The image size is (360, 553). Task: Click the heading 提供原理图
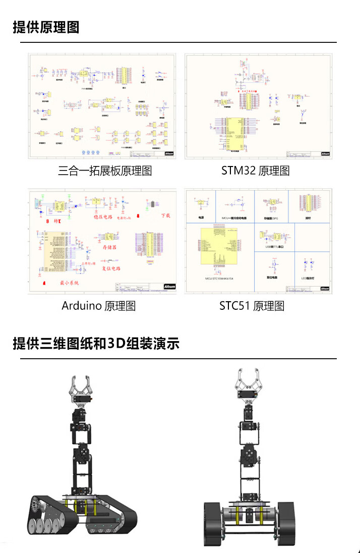tap(46, 27)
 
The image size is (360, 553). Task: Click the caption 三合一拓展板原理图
tap(105, 171)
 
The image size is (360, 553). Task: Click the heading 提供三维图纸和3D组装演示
tap(96, 344)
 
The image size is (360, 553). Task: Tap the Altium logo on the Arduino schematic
tap(169, 286)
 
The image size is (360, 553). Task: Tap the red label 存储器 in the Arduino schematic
tap(110, 248)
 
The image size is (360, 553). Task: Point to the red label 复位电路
tap(114, 268)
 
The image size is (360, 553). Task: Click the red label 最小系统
tap(70, 283)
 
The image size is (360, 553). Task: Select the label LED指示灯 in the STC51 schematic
tap(308, 278)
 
